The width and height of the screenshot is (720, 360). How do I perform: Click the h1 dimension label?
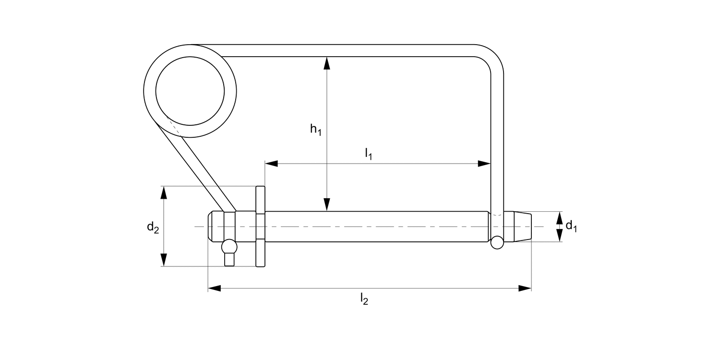[315, 130]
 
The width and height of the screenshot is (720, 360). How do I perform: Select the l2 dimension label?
[364, 300]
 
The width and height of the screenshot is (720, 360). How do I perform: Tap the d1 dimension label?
[571, 226]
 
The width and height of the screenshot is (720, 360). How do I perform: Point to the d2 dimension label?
[153, 227]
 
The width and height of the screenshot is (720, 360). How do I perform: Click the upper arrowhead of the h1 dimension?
[327, 62]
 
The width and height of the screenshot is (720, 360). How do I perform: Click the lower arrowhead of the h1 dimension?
[327, 205]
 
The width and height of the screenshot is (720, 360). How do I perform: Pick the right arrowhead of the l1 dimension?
[484, 164]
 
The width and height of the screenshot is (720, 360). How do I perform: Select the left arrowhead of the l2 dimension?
[214, 288]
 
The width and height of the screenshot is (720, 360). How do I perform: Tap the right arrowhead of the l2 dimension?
[525, 288]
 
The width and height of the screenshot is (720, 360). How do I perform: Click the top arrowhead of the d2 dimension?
[164, 192]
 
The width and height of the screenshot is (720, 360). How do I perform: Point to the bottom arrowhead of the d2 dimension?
[164, 260]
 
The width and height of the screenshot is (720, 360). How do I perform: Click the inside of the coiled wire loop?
[190, 91]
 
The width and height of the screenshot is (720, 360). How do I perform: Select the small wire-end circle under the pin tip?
[497, 242]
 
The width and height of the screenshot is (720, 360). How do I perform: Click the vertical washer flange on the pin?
[260, 226]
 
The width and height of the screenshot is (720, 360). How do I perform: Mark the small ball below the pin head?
[229, 247]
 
